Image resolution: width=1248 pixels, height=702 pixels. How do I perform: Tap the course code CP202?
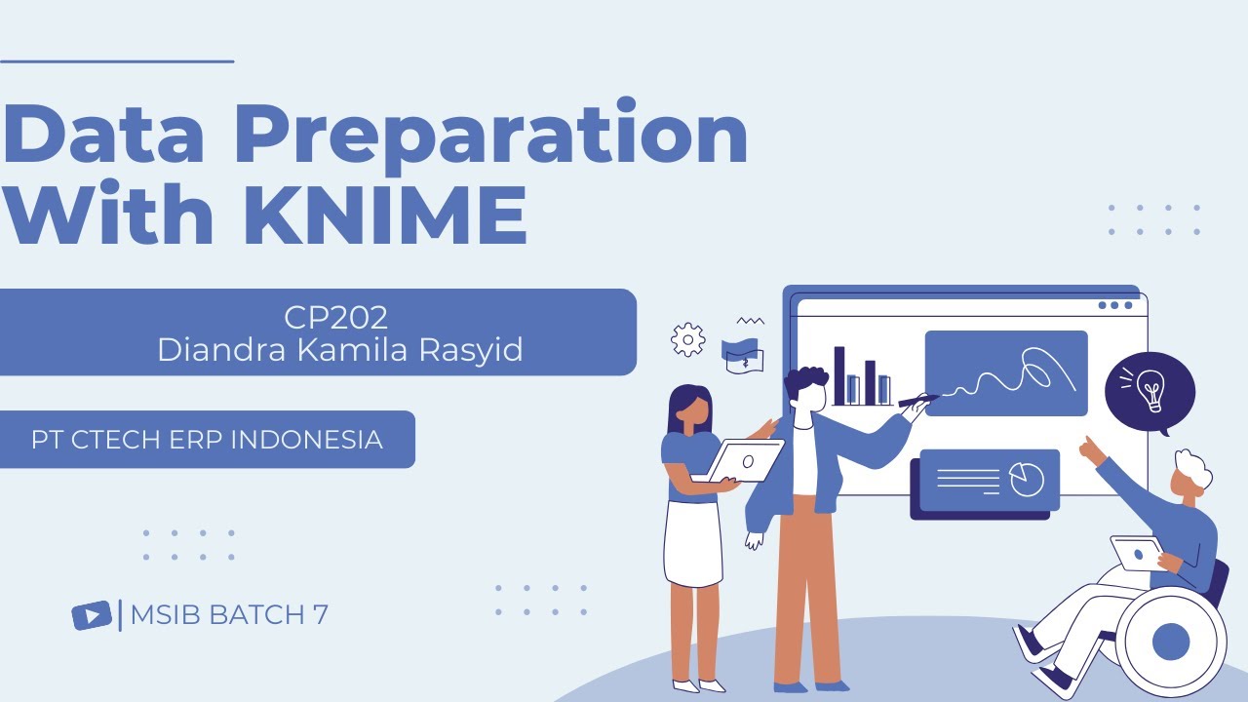point(336,318)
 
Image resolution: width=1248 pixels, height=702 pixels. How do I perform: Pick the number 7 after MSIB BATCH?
point(321,615)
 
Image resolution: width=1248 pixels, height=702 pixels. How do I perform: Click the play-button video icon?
point(92,615)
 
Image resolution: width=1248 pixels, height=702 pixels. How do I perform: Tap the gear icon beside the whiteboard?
point(688,339)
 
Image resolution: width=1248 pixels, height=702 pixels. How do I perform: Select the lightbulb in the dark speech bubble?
point(1150,389)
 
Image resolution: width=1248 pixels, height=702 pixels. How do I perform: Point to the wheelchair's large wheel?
point(1170,641)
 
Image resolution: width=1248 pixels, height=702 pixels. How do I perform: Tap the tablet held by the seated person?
point(1137,553)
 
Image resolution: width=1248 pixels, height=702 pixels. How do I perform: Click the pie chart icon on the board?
point(1026,479)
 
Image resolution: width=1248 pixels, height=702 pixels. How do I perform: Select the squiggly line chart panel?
point(1005,372)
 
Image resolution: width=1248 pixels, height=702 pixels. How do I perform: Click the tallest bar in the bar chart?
point(839,375)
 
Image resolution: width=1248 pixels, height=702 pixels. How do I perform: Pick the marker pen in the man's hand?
point(917,399)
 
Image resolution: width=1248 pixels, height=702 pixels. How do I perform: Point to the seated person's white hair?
point(1194,471)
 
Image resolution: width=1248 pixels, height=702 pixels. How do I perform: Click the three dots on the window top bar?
point(1115,305)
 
